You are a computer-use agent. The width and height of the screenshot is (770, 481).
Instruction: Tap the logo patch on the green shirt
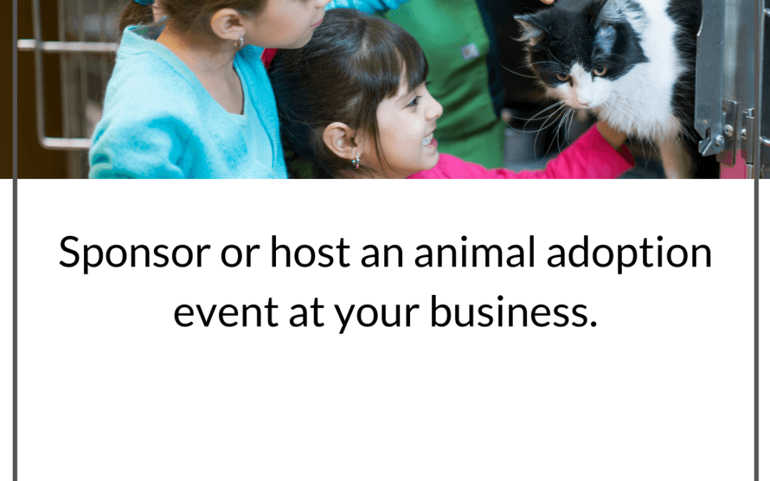[x=471, y=51]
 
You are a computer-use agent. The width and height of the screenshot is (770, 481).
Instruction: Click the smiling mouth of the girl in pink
[x=426, y=140]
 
